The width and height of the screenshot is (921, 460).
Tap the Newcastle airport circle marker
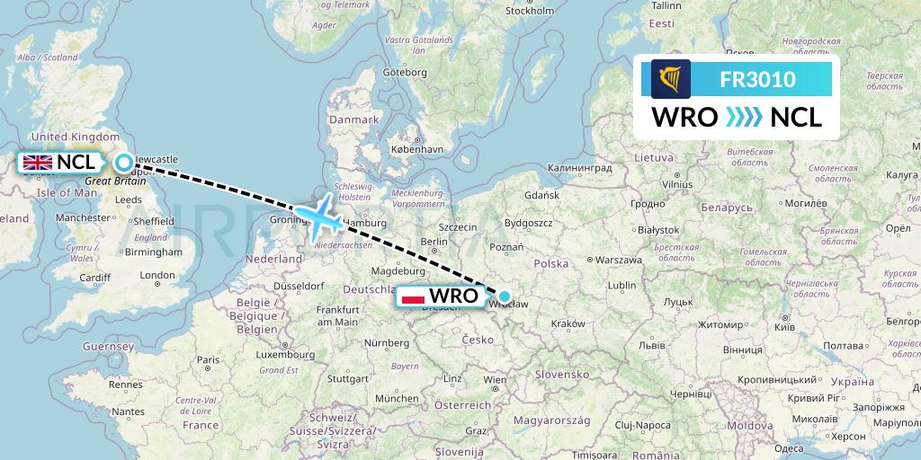(124, 163)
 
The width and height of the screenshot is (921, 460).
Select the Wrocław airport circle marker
(505, 296)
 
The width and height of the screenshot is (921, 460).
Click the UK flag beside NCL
(38, 163)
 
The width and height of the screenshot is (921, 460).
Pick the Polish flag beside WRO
(413, 296)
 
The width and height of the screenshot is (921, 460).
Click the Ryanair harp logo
(671, 79)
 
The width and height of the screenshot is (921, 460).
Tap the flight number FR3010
(757, 79)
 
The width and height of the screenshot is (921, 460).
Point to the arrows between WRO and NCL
(744, 118)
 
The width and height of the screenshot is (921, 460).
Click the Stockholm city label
(530, 11)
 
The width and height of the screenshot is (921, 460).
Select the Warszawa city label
(618, 260)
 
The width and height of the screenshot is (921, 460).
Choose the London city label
(157, 276)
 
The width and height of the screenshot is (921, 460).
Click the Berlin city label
(434, 241)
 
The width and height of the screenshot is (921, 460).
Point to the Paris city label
(208, 360)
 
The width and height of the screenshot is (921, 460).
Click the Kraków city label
(568, 324)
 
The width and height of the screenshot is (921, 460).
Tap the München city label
(397, 398)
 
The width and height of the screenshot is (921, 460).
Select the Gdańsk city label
(541, 195)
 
